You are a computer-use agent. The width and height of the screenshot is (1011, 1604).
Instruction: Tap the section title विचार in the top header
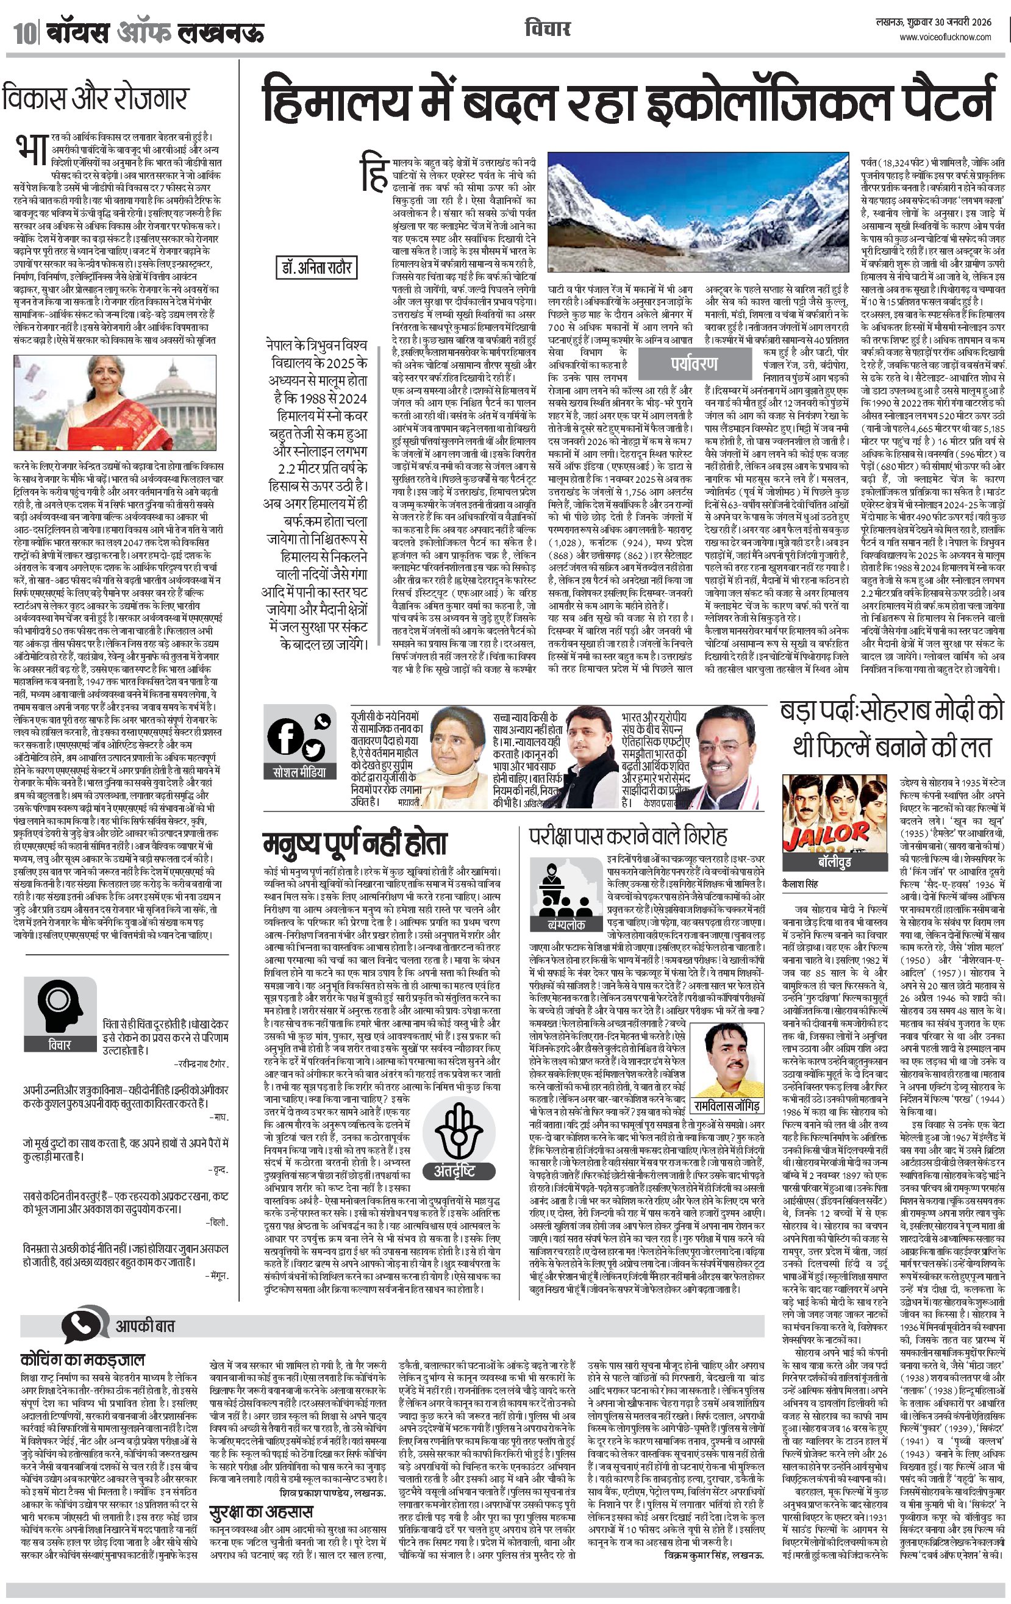point(547,29)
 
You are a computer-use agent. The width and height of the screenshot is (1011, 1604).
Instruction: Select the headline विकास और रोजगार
point(95,99)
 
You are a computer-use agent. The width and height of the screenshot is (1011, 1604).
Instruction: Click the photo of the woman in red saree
point(115,402)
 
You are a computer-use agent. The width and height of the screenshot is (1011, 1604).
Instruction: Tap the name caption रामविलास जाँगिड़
point(726,1107)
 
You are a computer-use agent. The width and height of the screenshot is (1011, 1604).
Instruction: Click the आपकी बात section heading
point(145,1325)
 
